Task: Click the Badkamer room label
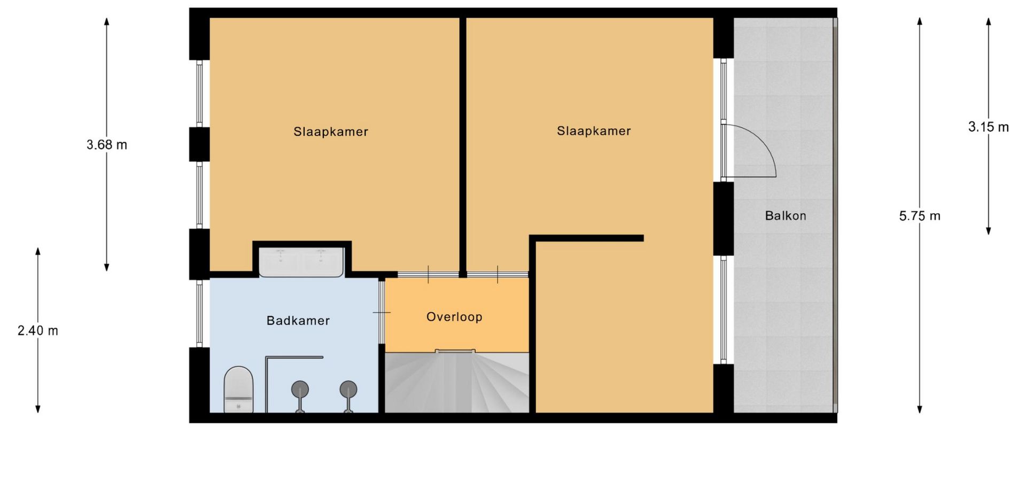point(298,321)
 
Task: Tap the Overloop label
point(454,317)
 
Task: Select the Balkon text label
point(785,216)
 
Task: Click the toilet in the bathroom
point(238,390)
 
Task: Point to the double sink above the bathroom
point(301,262)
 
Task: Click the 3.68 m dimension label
point(107,145)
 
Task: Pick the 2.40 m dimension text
point(38,331)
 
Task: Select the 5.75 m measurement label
point(920,216)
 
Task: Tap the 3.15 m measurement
point(989,127)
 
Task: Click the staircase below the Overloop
point(457,382)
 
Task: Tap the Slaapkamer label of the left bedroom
point(331,132)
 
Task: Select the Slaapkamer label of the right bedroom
point(594,131)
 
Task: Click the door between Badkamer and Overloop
point(382,312)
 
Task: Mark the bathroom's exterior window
point(199,313)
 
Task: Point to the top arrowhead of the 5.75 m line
point(920,21)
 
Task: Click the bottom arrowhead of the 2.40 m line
point(38,409)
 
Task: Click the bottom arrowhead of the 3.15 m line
point(989,231)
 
